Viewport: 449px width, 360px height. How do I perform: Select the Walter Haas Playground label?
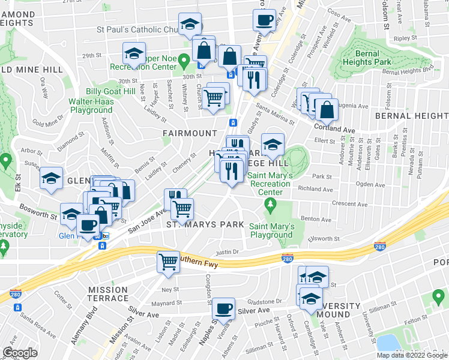[91, 106]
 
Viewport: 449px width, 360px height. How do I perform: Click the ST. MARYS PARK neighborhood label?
[205, 224]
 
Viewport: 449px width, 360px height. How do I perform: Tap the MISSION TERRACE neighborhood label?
[108, 293]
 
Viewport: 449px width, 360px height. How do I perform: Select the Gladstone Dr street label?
[276, 301]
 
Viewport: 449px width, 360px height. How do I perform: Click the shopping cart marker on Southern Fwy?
[168, 261]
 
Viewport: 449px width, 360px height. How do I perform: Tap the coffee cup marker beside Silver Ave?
[224, 308]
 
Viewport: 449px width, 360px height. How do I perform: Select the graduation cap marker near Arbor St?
[52, 178]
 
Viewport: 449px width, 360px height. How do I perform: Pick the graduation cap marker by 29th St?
[133, 53]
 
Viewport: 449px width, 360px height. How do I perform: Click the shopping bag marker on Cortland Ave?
[327, 110]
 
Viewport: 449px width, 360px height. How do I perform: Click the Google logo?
[20, 353]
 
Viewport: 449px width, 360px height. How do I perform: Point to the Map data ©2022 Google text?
[412, 355]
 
